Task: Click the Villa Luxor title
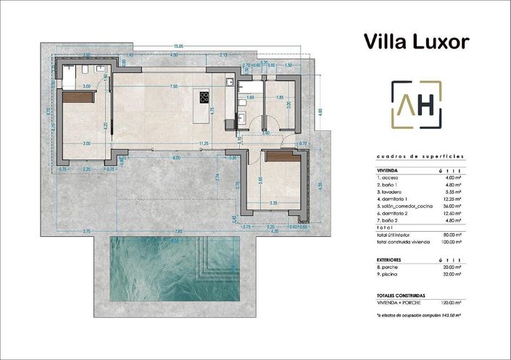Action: coord(416,41)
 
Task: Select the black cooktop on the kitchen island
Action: coord(204,99)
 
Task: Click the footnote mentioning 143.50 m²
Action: coord(420,317)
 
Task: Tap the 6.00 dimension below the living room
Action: coord(176,157)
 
